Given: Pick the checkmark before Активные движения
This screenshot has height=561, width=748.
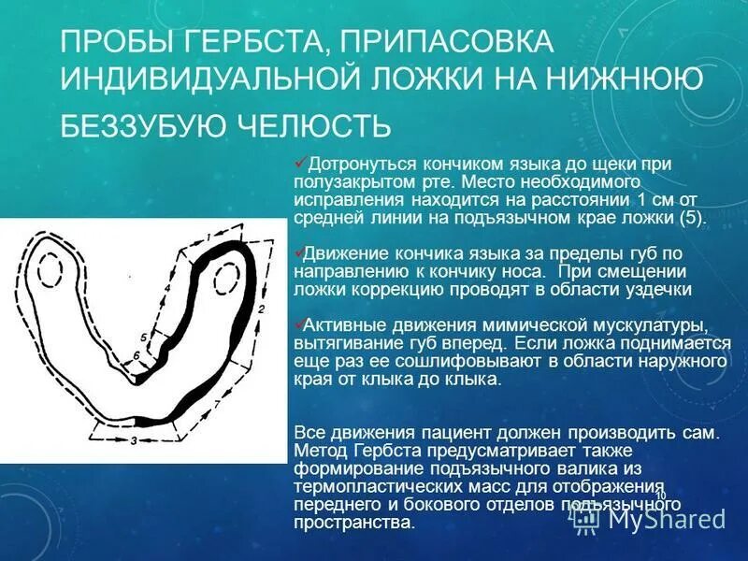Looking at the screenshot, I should (x=299, y=323).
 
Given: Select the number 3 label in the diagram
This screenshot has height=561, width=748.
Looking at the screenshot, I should (x=134, y=439).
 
